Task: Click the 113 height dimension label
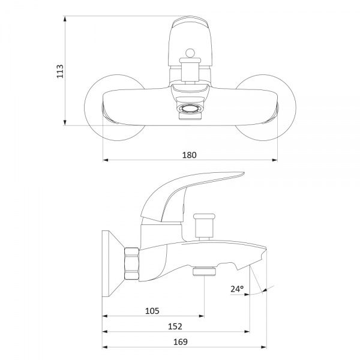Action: coord(60,71)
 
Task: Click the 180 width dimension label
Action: coord(190,155)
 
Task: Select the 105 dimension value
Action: coord(152,311)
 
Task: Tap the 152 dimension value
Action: coord(175,326)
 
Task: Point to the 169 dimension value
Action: coord(181,342)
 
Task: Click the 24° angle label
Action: coord(237,289)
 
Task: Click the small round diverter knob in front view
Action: coord(190,53)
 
